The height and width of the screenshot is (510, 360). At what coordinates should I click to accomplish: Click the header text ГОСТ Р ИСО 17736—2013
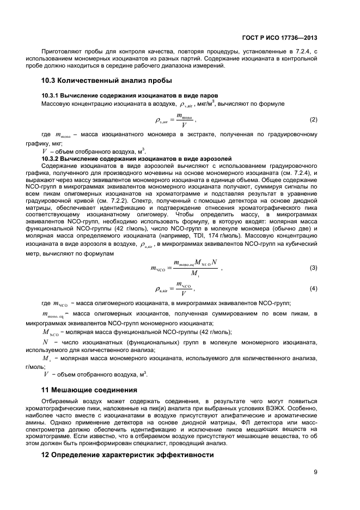(x=279, y=38)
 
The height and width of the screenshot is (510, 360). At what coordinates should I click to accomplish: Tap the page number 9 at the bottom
(x=316, y=472)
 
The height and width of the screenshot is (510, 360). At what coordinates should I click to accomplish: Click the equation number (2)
(x=313, y=119)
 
